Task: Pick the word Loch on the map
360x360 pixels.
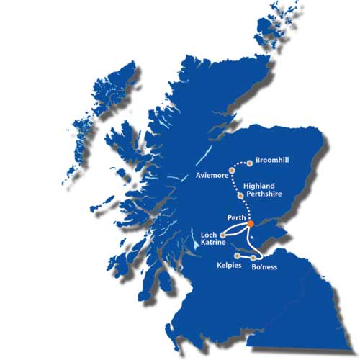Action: pos(209,235)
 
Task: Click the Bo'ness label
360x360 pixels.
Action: pos(264,267)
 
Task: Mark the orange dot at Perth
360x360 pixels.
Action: pos(250,224)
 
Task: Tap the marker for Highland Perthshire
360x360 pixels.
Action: pos(239,195)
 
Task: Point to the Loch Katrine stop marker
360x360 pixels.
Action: pos(223,235)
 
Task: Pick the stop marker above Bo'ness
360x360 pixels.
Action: pos(254,258)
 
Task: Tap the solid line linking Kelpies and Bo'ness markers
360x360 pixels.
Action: pos(246,256)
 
